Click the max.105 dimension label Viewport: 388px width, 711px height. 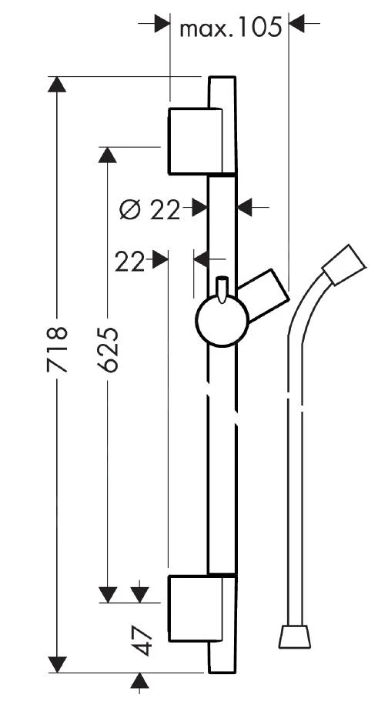tap(229, 28)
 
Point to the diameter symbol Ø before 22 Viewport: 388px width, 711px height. tap(131, 209)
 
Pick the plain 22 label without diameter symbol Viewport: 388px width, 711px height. tap(129, 262)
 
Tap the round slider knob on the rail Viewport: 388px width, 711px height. tap(222, 322)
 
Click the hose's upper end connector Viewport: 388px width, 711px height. tap(343, 265)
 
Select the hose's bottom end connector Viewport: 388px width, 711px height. tap(295, 636)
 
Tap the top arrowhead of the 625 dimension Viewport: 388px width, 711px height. tap(109, 154)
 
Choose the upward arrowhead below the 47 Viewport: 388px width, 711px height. tap(140, 680)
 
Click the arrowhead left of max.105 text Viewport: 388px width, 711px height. tap(161, 25)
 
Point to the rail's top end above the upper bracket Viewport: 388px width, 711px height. tap(222, 83)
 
